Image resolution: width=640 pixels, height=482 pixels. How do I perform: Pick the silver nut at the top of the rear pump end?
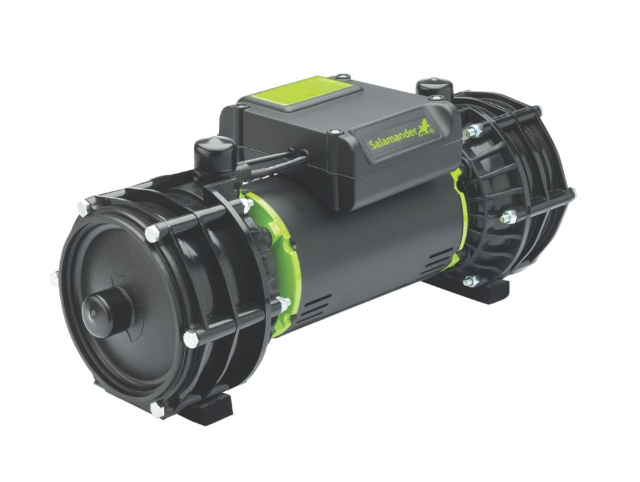pos(474,131)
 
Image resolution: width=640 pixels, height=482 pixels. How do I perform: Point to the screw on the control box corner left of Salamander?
pos(334,133)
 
